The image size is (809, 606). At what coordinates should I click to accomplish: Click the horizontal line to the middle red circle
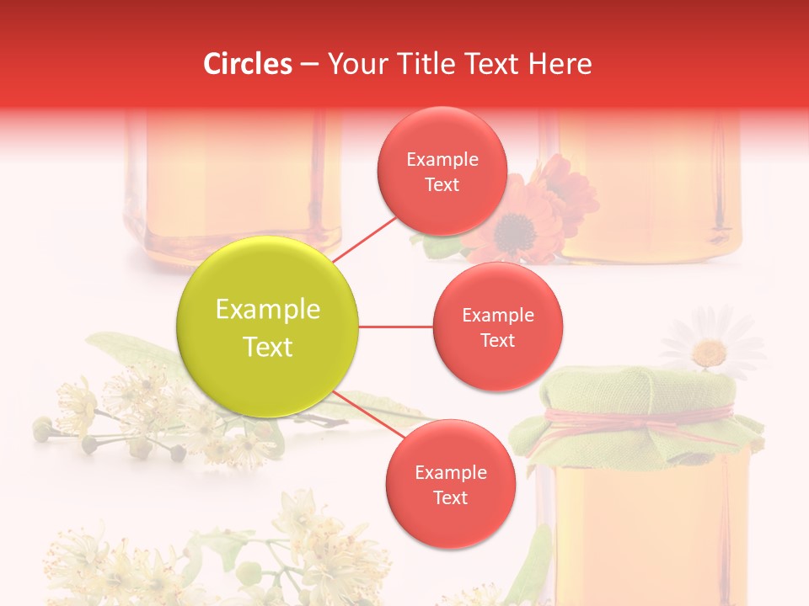(396, 327)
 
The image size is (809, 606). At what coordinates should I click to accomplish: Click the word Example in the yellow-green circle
(268, 310)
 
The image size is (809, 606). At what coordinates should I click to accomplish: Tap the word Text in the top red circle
(442, 185)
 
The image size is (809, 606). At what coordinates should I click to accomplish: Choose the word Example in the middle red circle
(498, 316)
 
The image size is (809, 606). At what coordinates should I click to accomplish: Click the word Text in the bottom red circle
(450, 498)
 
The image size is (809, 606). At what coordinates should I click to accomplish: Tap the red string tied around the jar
(640, 417)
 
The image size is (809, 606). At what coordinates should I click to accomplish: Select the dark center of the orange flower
(512, 228)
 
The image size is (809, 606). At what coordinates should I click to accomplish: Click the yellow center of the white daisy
(710, 351)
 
